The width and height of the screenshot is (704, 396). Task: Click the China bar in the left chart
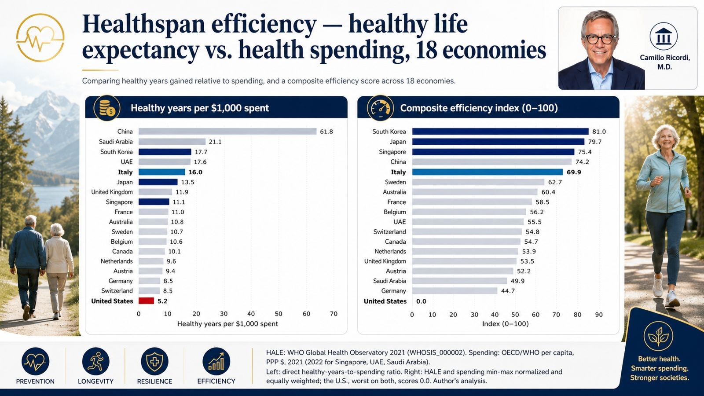(227, 132)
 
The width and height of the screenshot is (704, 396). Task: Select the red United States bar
(146, 301)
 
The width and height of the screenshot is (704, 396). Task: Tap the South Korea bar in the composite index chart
(500, 132)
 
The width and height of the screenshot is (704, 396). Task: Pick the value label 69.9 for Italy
(574, 172)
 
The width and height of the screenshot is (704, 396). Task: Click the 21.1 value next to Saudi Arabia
(215, 142)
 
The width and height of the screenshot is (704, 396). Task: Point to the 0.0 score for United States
(421, 301)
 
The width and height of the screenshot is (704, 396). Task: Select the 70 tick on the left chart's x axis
(334, 314)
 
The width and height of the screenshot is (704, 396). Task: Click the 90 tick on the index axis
(599, 314)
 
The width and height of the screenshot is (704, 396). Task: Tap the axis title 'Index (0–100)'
(506, 324)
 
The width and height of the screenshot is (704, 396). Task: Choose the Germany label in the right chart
(393, 291)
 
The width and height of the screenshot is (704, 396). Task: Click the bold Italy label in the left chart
(125, 172)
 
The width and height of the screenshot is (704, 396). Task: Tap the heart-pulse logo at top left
(40, 38)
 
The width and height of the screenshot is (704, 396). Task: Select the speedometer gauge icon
(380, 108)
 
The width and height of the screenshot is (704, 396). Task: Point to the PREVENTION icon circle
(35, 361)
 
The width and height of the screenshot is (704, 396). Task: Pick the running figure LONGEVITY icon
(95, 361)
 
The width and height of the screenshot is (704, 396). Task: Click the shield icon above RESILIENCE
(154, 361)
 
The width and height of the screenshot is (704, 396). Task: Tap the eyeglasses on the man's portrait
(600, 39)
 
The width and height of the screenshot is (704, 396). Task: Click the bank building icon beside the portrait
(664, 37)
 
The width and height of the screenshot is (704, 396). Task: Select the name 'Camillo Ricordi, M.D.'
(665, 62)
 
